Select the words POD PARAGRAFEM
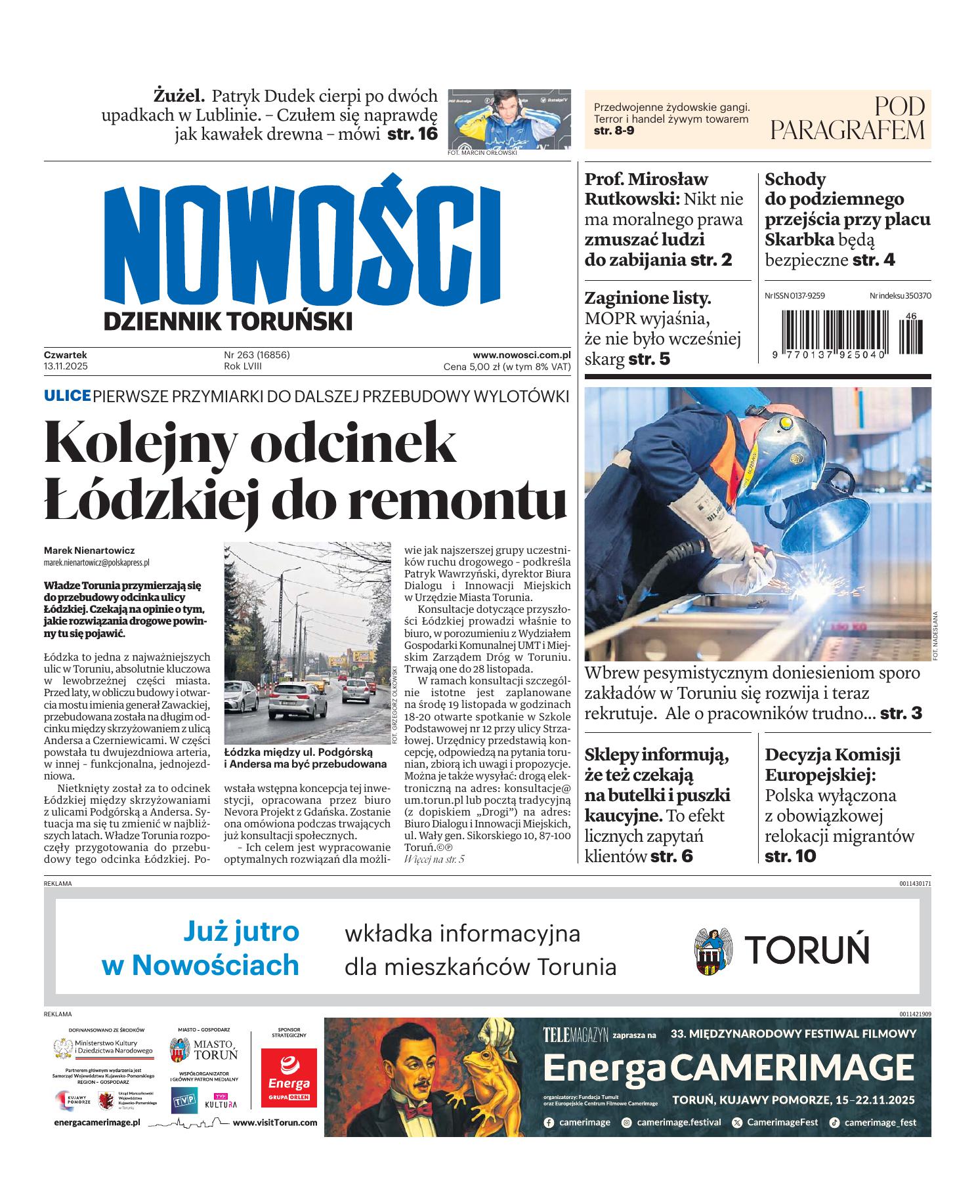(x=847, y=119)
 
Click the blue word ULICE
(x=67, y=396)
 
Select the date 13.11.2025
(x=66, y=367)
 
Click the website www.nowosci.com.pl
(x=521, y=355)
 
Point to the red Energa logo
(x=289, y=1075)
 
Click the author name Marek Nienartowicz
(x=89, y=550)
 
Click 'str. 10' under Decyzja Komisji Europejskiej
(x=790, y=856)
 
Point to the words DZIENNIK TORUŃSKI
(x=227, y=321)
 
